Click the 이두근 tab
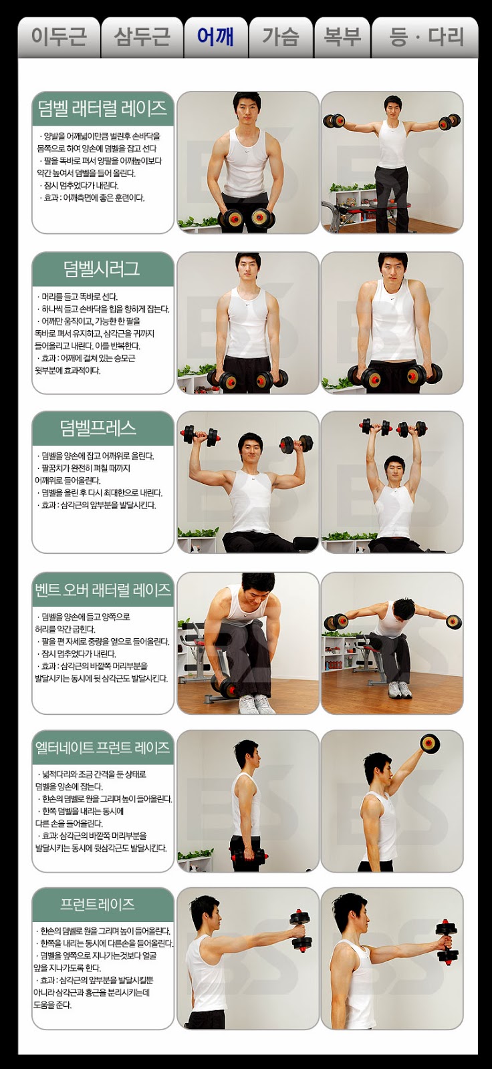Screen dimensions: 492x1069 (x=59, y=37)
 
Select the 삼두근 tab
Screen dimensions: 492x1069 (x=142, y=37)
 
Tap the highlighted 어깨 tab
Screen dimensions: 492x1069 (x=216, y=37)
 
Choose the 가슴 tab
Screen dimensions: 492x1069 (x=281, y=37)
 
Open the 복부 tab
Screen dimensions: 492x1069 (x=342, y=37)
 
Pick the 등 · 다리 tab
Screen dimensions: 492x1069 (x=425, y=37)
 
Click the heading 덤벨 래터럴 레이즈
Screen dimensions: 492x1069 (x=102, y=108)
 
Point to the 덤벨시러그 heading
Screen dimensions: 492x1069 (x=102, y=269)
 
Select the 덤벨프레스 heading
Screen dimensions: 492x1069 (x=98, y=428)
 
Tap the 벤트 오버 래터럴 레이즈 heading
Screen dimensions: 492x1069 (x=103, y=589)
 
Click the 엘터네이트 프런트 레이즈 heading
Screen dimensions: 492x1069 (x=103, y=747)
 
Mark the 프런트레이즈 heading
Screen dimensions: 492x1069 (x=98, y=904)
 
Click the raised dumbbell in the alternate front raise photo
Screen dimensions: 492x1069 (x=430, y=744)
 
